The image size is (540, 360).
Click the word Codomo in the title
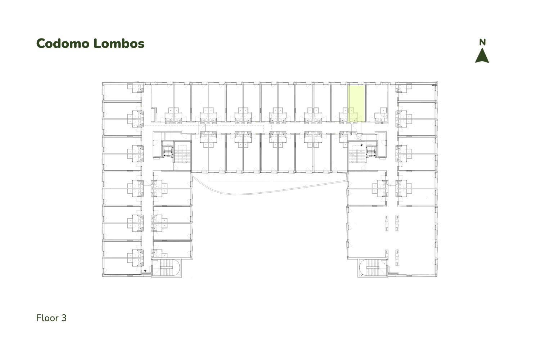pos(63,44)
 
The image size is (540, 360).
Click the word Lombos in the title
pos(119,44)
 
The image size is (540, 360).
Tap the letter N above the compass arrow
pos(482,42)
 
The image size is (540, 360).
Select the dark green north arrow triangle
pos(482,56)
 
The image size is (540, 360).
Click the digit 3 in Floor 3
pos(64,318)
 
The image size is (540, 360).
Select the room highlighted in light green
pos(356,104)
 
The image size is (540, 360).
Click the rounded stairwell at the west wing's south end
pos(166,267)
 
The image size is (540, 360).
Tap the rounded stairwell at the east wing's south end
pos(373,267)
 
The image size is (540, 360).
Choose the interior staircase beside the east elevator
pos(357,154)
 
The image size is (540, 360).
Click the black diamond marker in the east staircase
pos(361,145)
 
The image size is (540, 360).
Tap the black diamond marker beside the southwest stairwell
pos(145,271)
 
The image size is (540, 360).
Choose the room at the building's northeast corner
pos(417,92)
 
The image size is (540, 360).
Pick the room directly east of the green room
pos(376,104)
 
